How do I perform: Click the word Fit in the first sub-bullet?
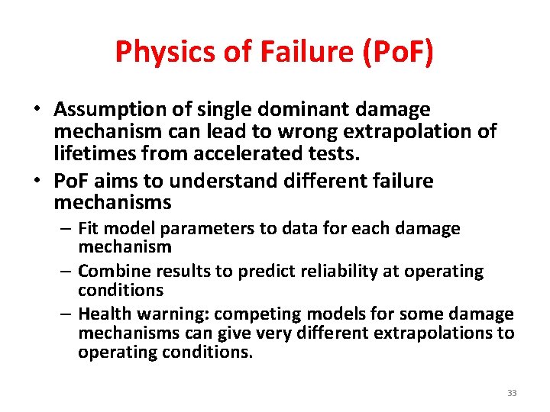click(x=89, y=228)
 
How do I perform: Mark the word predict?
click(x=243, y=272)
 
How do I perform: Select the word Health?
click(x=104, y=314)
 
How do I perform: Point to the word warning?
click(x=169, y=314)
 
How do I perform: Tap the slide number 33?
click(x=511, y=393)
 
